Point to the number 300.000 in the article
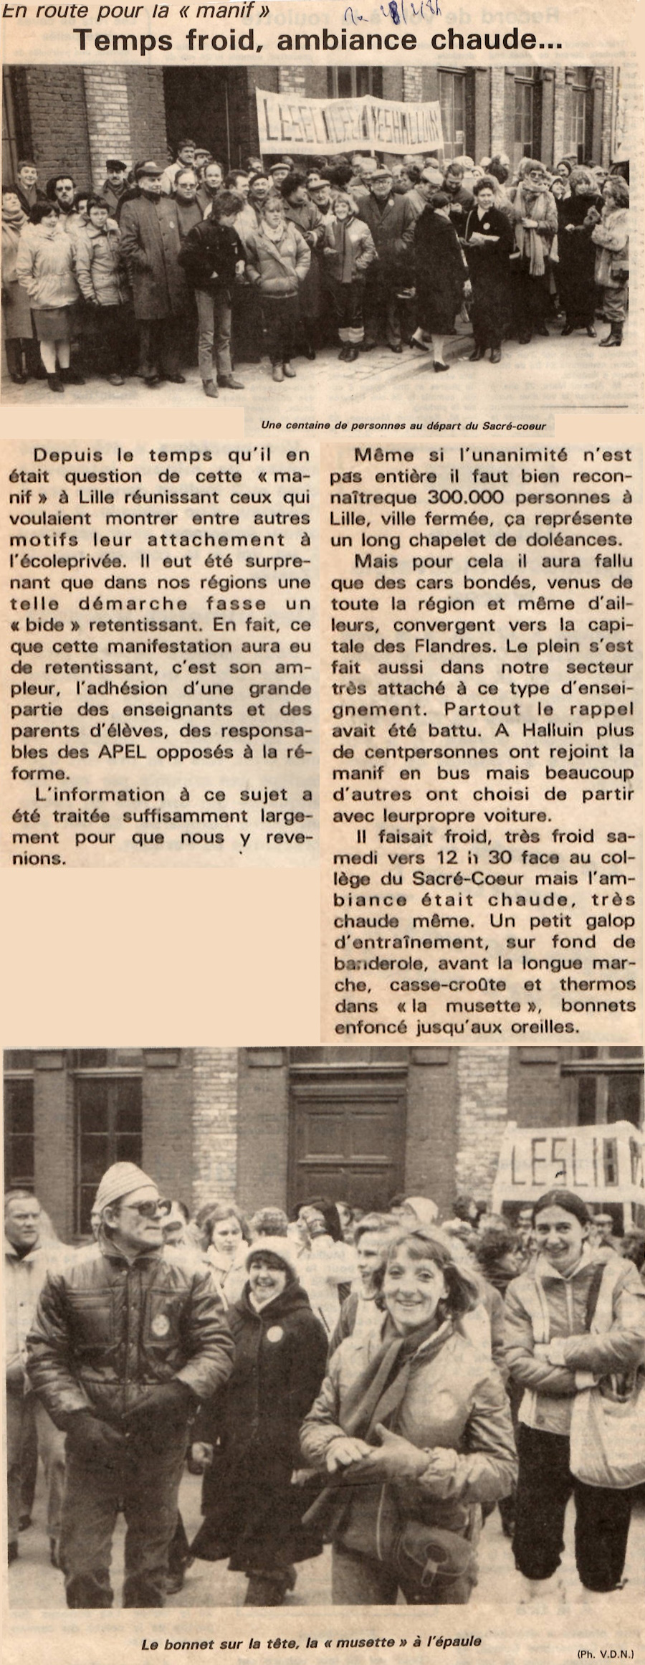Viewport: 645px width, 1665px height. click(x=465, y=497)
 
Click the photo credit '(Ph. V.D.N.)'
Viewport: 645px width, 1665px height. click(x=605, y=1654)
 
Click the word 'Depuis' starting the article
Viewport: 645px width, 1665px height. click(x=69, y=455)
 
